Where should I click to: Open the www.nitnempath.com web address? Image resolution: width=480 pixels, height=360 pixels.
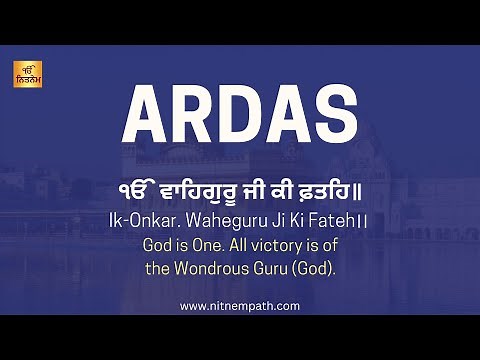pos(240,306)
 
